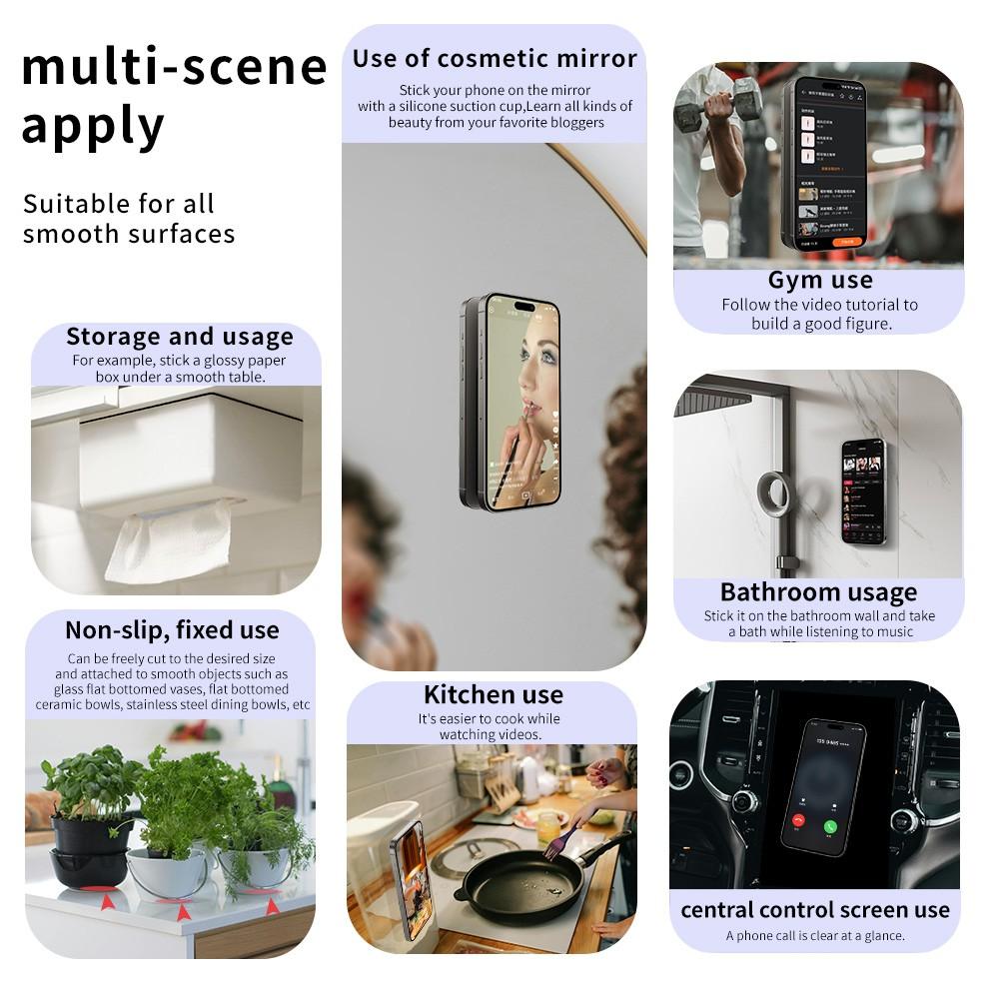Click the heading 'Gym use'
coord(820,280)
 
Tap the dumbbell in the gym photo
coord(718,103)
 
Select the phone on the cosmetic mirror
coord(510,401)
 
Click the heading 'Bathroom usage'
coord(818,592)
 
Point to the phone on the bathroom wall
coord(863,491)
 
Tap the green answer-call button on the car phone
coord(830,826)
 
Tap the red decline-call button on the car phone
coord(798,820)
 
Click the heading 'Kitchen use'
coord(494,695)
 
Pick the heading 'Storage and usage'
coord(180,337)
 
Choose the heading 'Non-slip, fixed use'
coord(172,630)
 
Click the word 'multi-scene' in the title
coord(175,68)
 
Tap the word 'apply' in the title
coord(93,128)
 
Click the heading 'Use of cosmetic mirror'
coord(495,58)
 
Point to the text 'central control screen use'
coord(815,910)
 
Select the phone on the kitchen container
coord(410,866)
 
